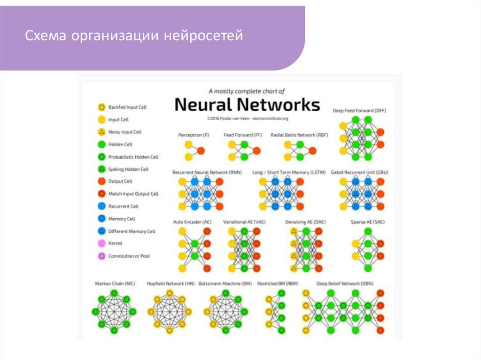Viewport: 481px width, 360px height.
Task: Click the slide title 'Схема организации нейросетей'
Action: (x=134, y=36)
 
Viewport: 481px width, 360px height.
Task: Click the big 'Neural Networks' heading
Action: (x=247, y=104)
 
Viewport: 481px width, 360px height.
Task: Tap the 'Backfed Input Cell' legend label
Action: (x=127, y=107)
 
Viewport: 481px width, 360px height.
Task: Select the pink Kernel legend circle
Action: (x=101, y=244)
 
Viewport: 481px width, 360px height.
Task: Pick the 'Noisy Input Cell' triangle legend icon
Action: (x=101, y=132)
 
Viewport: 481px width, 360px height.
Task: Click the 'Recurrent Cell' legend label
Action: (x=123, y=207)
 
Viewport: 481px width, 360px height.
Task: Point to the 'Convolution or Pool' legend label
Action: (x=129, y=256)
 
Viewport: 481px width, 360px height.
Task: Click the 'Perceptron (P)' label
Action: (x=194, y=135)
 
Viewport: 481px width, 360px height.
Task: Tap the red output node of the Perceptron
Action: (x=201, y=151)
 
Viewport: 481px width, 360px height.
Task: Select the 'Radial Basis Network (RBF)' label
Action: (x=299, y=135)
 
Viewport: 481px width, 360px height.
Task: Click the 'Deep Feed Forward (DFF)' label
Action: (x=359, y=111)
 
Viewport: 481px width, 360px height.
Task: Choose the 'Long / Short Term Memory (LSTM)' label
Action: (x=287, y=173)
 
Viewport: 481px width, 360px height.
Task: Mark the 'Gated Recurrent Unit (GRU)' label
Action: (x=359, y=173)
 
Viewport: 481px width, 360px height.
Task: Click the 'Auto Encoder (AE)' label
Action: (x=192, y=222)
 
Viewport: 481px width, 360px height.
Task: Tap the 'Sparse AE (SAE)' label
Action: (x=368, y=222)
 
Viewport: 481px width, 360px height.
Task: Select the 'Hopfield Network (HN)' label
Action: (x=171, y=284)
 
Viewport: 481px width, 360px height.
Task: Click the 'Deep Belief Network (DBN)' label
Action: (x=345, y=284)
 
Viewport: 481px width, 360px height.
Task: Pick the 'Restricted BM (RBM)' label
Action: (x=278, y=284)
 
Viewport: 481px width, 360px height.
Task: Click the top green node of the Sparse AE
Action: (x=368, y=231)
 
